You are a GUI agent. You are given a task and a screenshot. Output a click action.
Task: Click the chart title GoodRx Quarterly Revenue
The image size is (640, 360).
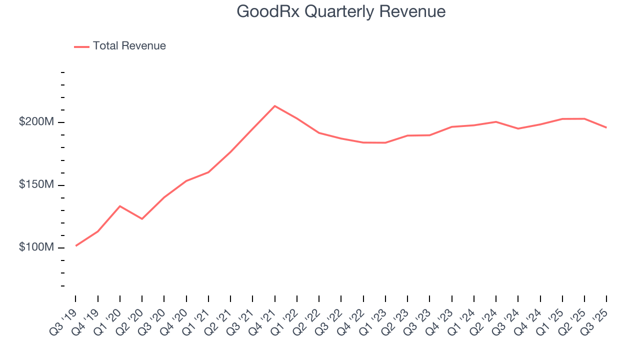[x=341, y=11]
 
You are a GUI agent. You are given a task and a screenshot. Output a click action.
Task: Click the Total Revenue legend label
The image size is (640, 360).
[x=129, y=46]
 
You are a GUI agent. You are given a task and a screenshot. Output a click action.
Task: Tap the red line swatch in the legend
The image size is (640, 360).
[x=81, y=46]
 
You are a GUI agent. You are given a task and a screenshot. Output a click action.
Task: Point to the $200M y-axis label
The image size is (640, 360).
[x=36, y=122]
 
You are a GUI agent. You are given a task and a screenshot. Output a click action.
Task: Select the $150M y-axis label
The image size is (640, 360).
[x=36, y=185]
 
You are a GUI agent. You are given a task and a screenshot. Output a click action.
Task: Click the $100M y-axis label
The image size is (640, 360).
[x=36, y=247]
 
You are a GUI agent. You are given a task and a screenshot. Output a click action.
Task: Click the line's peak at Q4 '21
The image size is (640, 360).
[x=274, y=106]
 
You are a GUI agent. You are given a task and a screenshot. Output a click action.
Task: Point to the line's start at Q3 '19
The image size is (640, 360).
[x=76, y=245]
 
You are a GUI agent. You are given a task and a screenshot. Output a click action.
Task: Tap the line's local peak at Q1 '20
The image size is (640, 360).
[x=120, y=206]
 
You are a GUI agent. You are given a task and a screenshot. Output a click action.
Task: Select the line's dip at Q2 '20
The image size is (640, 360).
[x=142, y=218]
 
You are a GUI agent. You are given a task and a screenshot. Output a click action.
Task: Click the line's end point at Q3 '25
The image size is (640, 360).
[x=606, y=127]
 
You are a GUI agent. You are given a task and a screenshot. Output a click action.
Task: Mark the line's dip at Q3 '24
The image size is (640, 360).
[x=518, y=128]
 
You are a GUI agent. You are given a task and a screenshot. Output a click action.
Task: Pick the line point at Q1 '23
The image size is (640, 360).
[x=385, y=142]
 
